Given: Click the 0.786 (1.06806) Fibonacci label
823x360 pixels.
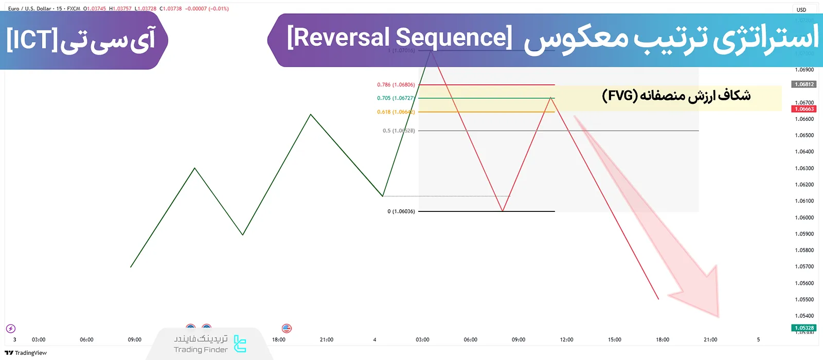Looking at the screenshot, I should click(x=396, y=85).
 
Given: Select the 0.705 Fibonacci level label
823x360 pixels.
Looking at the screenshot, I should click(x=396, y=98).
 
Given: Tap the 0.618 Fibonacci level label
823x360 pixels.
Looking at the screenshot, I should click(x=396, y=112).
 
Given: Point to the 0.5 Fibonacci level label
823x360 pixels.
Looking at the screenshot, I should click(x=398, y=131).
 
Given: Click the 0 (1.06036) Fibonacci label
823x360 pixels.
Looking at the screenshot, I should click(x=401, y=211).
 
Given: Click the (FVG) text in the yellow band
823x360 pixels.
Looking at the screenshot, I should click(x=620, y=96).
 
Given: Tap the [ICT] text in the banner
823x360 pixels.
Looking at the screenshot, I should click(x=31, y=40).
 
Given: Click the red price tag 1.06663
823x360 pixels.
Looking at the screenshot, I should click(x=804, y=109).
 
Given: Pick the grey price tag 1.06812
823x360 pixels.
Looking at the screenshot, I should click(x=804, y=84).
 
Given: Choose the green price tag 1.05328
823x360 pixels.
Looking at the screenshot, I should click(x=804, y=328).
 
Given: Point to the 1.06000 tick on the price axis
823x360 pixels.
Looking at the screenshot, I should click(x=804, y=218).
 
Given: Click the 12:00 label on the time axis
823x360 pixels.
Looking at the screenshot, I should click(x=566, y=340).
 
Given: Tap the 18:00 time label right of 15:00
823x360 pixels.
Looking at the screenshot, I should click(x=663, y=340).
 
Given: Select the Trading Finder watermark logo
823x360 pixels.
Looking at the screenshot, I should click(x=240, y=344).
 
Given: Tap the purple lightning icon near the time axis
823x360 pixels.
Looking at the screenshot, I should click(x=11, y=329).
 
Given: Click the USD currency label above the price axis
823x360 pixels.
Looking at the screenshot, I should click(x=801, y=10).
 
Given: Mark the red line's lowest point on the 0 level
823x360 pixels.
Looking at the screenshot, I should click(x=503, y=211).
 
